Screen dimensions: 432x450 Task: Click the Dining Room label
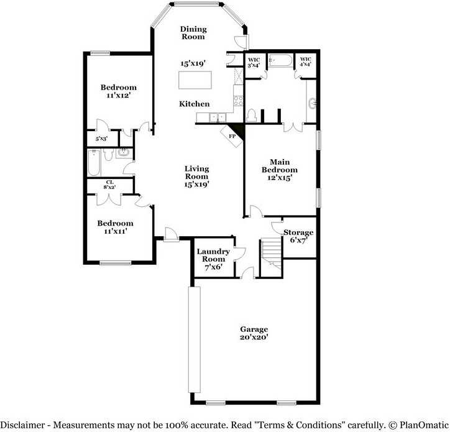pyautogui.click(x=193, y=33)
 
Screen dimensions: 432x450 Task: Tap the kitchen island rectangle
pyautogui.click(x=195, y=80)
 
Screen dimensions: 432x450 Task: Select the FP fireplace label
pyautogui.click(x=232, y=136)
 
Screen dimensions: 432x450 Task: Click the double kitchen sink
pyautogui.click(x=217, y=117)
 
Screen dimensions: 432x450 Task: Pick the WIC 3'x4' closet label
pyautogui.click(x=253, y=62)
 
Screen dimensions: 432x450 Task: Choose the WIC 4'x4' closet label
pyautogui.click(x=305, y=62)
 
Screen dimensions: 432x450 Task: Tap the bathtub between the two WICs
pyautogui.click(x=279, y=61)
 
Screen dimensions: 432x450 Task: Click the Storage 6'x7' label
pyautogui.click(x=298, y=236)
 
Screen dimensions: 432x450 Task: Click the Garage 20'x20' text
pyautogui.click(x=254, y=334)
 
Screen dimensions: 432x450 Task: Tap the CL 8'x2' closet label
pyautogui.click(x=109, y=185)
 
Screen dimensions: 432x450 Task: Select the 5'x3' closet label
pyautogui.click(x=101, y=139)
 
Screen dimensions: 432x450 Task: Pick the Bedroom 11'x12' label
pyautogui.click(x=119, y=91)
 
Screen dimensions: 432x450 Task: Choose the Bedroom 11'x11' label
pyautogui.click(x=115, y=227)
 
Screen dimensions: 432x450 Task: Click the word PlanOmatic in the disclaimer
pyautogui.click(x=419, y=425)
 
